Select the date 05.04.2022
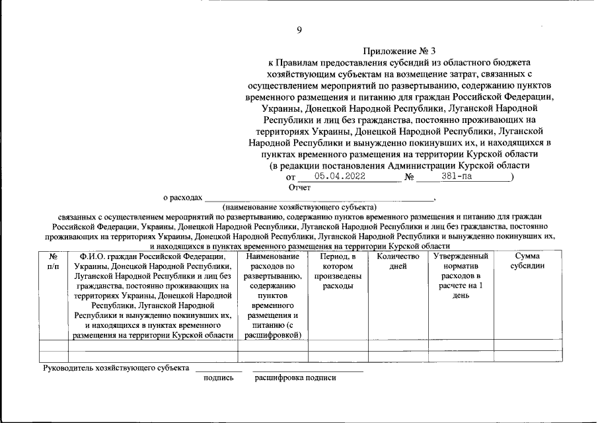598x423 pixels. (340, 176)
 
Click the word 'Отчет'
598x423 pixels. (299, 187)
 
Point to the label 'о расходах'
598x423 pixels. (182, 198)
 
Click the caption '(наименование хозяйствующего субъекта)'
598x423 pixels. (299, 207)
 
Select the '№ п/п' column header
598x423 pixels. (54, 261)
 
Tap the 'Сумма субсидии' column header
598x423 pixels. (528, 261)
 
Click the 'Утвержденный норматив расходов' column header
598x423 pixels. (461, 276)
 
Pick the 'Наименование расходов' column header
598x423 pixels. (272, 295)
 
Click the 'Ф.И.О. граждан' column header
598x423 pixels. (153, 295)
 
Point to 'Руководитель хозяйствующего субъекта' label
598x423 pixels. (116, 367)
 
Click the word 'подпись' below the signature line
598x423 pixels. (219, 378)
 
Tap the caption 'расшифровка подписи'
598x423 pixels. (295, 378)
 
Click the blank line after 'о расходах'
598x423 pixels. (318, 198)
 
